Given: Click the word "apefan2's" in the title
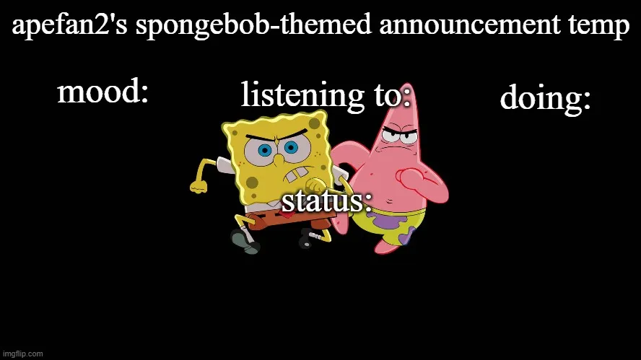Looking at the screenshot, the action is (69, 25).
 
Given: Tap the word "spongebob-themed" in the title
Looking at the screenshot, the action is (253, 25).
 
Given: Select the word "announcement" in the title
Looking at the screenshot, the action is (469, 25).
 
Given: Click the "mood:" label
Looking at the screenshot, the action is (103, 92).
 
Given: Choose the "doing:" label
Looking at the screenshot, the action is (545, 98).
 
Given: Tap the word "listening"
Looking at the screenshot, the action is (302, 95).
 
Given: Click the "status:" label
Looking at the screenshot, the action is (327, 201).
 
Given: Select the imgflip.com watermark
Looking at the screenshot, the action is (22, 354).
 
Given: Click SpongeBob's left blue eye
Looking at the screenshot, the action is (264, 151).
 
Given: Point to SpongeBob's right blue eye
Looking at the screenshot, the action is (291, 147).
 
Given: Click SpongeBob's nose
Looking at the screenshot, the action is (278, 159).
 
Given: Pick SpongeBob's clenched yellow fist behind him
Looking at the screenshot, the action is (199, 186).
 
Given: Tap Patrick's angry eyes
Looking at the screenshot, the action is (398, 135).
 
